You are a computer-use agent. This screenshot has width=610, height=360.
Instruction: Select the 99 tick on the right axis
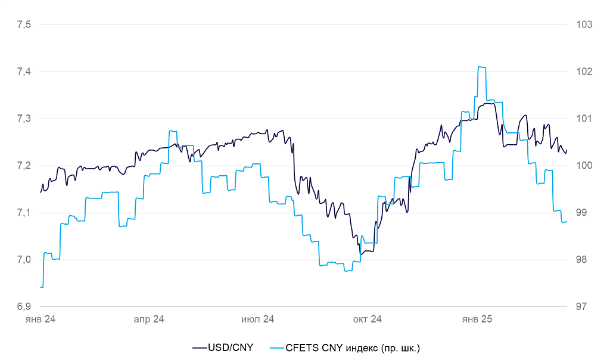581,213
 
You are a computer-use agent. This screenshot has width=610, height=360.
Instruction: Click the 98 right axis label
581,260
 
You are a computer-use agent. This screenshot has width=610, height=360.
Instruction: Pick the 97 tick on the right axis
581,307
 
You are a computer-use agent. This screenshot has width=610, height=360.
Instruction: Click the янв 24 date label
41,320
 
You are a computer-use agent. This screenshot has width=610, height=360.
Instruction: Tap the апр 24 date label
149,320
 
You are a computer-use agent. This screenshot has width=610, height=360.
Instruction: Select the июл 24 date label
257,320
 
